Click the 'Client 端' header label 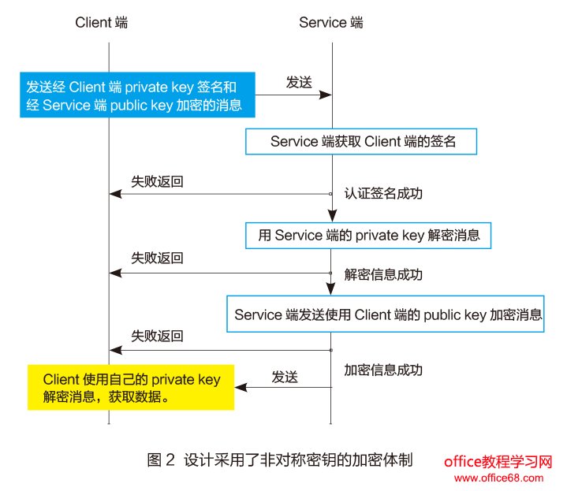pyautogui.click(x=102, y=23)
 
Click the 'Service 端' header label pyautogui.click(x=331, y=23)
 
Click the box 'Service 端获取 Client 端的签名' pyautogui.click(x=364, y=142)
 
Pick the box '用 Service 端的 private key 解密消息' pyautogui.click(x=369, y=235)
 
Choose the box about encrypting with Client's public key pyautogui.click(x=388, y=314)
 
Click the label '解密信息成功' pyautogui.click(x=383, y=275)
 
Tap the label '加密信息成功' pyautogui.click(x=383, y=370)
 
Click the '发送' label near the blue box pyautogui.click(x=299, y=80)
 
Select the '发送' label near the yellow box pyautogui.click(x=285, y=377)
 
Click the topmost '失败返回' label pyautogui.click(x=157, y=180)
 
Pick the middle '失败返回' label pyautogui.click(x=157, y=258)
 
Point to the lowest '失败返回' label pyautogui.click(x=157, y=336)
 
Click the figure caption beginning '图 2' pyautogui.click(x=280, y=459)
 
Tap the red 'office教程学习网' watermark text pyautogui.click(x=496, y=462)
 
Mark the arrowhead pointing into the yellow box pyautogui.click(x=241, y=387)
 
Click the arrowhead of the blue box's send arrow pyautogui.click(x=325, y=95)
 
